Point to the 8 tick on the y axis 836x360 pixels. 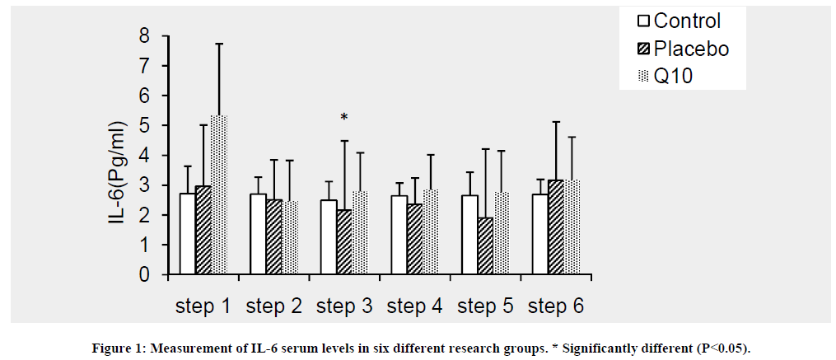click(x=143, y=36)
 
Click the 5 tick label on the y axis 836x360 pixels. click(x=143, y=126)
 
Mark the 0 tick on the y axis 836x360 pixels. click(x=143, y=275)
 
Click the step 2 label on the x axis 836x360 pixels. click(x=273, y=306)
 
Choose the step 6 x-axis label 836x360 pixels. click(x=556, y=306)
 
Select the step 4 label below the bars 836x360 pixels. click(x=415, y=306)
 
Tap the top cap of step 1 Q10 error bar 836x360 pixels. click(x=218, y=44)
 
